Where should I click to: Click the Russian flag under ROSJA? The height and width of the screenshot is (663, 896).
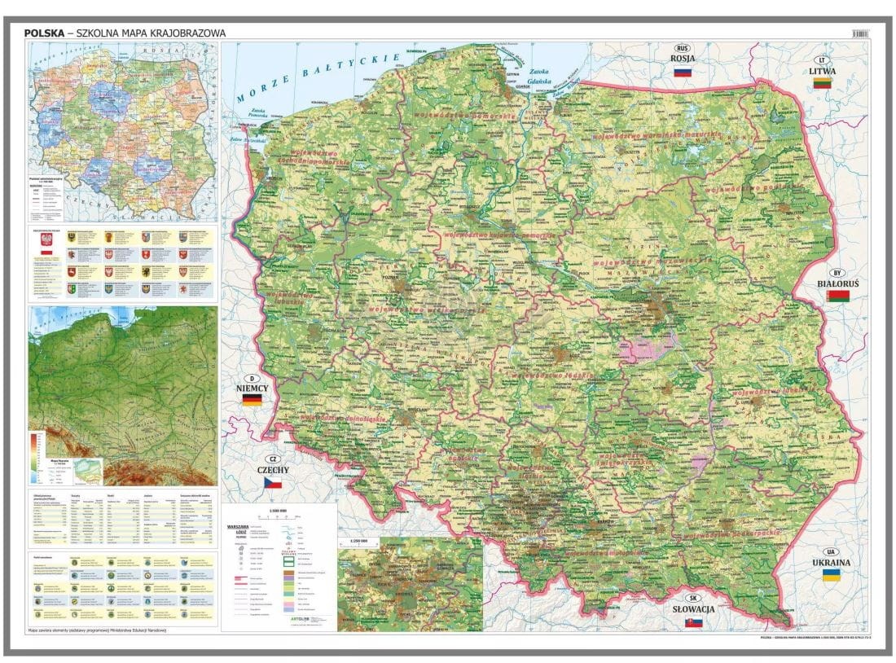tap(683, 72)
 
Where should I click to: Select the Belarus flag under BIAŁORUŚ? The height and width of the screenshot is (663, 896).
tap(837, 297)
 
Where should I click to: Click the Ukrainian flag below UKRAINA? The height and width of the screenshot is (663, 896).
tap(831, 576)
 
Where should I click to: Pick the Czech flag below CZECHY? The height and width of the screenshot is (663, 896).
tap(272, 484)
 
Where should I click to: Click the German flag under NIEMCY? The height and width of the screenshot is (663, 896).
tap(252, 402)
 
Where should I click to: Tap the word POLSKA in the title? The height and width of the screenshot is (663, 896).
tap(43, 33)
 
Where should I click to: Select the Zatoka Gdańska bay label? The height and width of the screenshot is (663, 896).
tap(538, 79)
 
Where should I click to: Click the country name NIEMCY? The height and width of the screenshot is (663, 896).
tap(252, 389)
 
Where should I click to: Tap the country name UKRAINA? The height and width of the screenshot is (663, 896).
tap(831, 563)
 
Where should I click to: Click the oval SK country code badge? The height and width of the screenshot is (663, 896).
tap(694, 598)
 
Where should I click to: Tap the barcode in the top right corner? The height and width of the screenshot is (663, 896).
tap(860, 33)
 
